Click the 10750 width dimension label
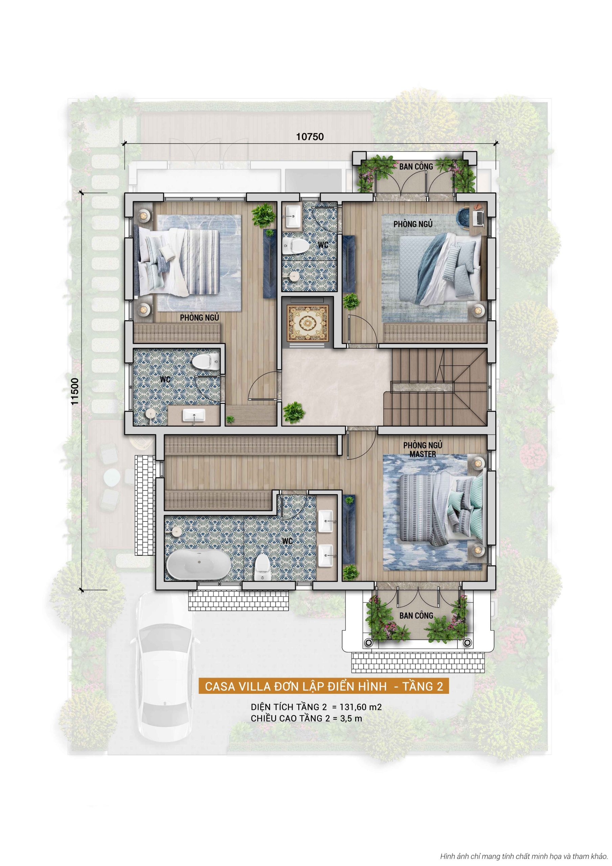(310, 137)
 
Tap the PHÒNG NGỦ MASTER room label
(423, 450)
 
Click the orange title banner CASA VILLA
(324, 686)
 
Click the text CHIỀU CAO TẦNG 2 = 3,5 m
(306, 718)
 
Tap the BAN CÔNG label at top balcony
(416, 166)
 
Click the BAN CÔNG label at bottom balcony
(416, 616)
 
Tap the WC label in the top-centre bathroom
(323, 245)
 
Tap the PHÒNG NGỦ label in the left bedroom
(199, 318)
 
